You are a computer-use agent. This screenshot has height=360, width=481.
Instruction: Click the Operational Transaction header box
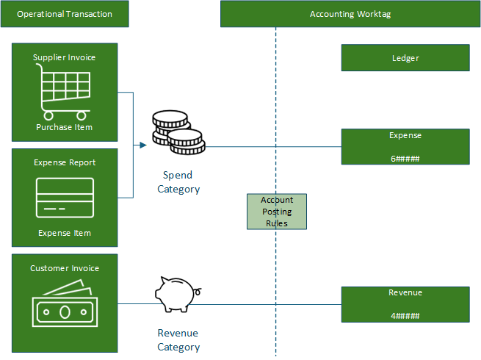(x=65, y=14)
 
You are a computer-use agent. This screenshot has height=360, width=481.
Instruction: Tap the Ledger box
(x=405, y=58)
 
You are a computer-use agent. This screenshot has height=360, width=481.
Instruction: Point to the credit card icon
(x=65, y=198)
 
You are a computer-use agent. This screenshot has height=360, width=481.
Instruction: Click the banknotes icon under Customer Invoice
(x=65, y=305)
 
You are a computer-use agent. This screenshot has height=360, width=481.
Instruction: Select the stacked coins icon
(x=176, y=132)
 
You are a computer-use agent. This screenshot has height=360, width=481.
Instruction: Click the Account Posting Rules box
(x=277, y=212)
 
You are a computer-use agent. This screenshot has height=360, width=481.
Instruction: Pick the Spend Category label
(x=178, y=182)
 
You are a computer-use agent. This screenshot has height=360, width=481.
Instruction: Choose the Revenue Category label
(x=178, y=339)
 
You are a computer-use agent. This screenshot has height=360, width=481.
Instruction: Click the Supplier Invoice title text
(x=65, y=57)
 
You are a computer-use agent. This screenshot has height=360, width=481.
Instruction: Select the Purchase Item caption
(x=65, y=127)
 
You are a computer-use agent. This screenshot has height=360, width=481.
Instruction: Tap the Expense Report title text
(x=65, y=162)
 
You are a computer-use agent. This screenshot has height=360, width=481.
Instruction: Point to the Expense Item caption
(x=65, y=233)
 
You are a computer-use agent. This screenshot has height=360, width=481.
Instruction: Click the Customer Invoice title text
(x=65, y=268)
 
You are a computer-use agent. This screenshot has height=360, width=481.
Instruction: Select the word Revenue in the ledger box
(x=405, y=292)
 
